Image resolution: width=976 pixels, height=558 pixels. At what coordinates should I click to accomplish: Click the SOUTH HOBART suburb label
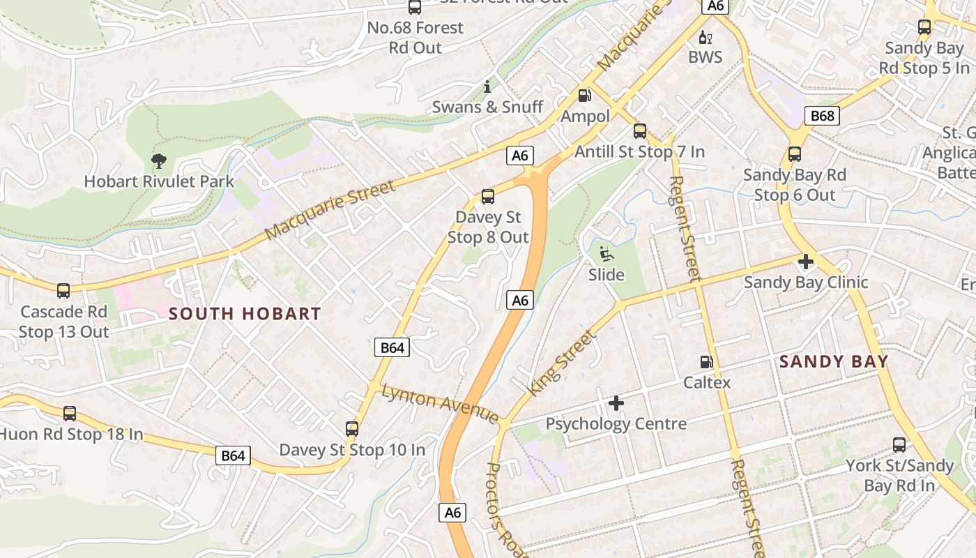click(x=245, y=314)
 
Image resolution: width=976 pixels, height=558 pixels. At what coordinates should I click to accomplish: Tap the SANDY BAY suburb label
click(x=834, y=361)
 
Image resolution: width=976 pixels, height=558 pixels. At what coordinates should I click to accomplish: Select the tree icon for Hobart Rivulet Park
click(x=159, y=161)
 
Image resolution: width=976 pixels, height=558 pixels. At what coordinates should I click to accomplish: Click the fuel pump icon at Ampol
click(x=585, y=95)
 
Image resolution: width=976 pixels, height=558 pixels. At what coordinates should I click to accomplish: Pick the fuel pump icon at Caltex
click(x=706, y=362)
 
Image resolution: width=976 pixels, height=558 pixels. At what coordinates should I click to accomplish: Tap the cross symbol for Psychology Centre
click(x=616, y=403)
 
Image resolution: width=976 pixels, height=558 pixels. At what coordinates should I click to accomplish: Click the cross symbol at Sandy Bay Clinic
click(x=806, y=262)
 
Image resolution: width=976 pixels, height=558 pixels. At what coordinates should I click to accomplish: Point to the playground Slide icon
click(x=606, y=254)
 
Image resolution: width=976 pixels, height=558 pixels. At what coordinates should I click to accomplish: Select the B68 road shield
click(x=822, y=116)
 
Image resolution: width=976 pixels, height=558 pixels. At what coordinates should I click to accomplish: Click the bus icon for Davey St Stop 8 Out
click(x=488, y=197)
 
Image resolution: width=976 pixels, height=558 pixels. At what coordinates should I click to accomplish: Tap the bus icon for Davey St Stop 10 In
click(x=352, y=429)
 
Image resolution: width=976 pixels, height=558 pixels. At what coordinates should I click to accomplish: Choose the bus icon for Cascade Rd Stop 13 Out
click(x=63, y=291)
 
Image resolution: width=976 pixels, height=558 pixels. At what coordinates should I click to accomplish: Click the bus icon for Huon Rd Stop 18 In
click(x=70, y=414)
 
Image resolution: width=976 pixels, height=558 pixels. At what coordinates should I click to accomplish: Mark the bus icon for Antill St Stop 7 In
click(x=639, y=131)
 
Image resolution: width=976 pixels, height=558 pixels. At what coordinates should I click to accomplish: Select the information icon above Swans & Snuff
click(x=487, y=86)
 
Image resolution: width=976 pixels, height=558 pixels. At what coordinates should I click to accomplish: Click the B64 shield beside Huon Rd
click(x=233, y=456)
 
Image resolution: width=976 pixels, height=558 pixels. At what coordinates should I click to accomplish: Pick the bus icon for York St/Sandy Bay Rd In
click(x=899, y=445)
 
